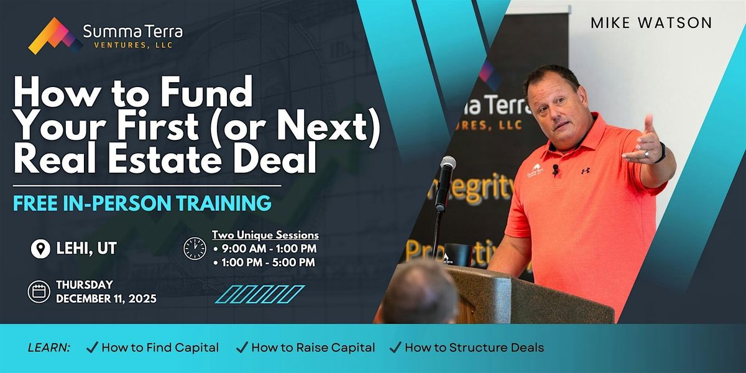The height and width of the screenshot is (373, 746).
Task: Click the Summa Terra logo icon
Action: pyautogui.click(x=55, y=36)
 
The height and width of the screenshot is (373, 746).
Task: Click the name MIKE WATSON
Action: pyautogui.click(x=651, y=23)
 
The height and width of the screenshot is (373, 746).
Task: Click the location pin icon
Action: pyautogui.click(x=40, y=249)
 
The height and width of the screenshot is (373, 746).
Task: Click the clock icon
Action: pyautogui.click(x=195, y=248)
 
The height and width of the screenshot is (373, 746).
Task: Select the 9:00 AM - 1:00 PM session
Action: pyautogui.click(x=265, y=249)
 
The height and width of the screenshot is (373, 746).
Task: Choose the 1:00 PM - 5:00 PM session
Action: pyautogui.click(x=265, y=262)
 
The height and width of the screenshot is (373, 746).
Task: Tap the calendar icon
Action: pyautogui.click(x=39, y=292)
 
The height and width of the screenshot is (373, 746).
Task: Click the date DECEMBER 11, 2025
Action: pyautogui.click(x=106, y=298)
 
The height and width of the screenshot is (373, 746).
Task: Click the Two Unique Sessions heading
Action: pyautogui.click(x=265, y=235)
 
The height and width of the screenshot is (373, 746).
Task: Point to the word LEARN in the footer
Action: pyautogui.click(x=49, y=348)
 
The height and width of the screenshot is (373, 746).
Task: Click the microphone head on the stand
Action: pyautogui.click(x=448, y=165)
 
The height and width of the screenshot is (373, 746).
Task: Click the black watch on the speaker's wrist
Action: pyautogui.click(x=660, y=152)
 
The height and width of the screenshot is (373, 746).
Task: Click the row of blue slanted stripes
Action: pyautogui.click(x=259, y=294)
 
